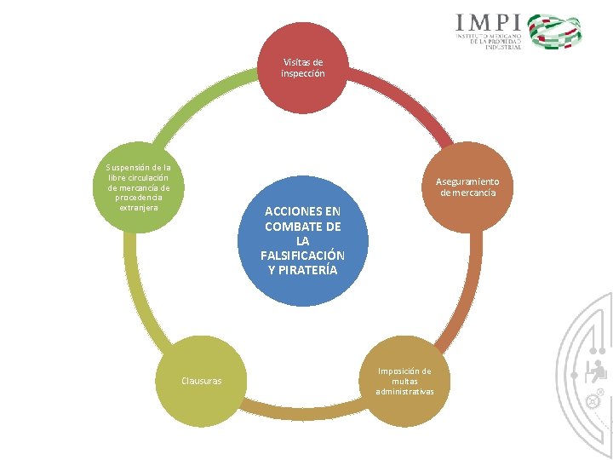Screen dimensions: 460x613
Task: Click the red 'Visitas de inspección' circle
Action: pyautogui.click(x=303, y=68)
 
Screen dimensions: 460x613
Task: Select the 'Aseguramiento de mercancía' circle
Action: pyautogui.click(x=468, y=187)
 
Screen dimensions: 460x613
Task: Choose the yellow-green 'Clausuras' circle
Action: pyautogui.click(x=201, y=381)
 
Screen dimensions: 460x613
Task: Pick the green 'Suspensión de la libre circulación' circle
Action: pyautogui.click(x=138, y=187)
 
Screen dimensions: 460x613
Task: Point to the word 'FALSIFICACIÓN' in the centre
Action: pyautogui.click(x=303, y=256)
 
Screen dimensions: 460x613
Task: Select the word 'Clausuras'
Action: pyautogui.click(x=201, y=381)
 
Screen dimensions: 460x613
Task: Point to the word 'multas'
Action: pyautogui.click(x=404, y=381)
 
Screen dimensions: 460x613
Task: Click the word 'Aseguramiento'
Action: pyautogui.click(x=468, y=181)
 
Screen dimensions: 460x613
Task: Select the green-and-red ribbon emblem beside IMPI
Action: pyautogui.click(x=555, y=32)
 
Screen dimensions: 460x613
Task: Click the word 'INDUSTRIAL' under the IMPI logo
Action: pyautogui.click(x=504, y=47)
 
